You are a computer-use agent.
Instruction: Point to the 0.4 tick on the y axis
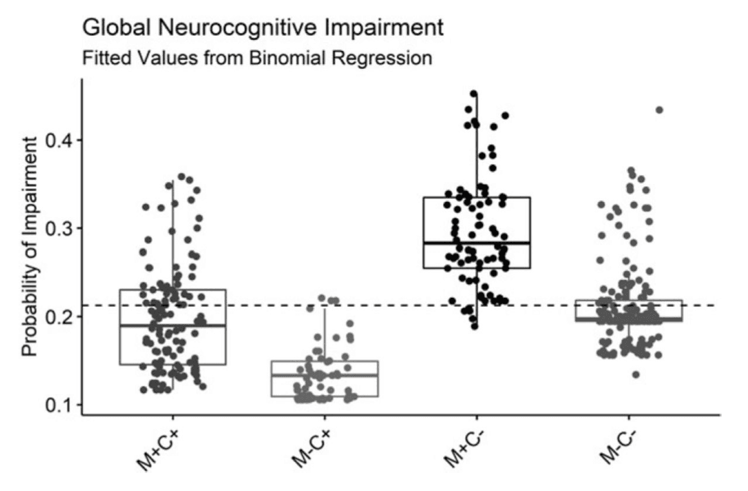[x=57, y=140]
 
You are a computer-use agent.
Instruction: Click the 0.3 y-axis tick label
[x=57, y=228]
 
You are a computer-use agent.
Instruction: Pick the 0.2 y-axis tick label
[x=57, y=317]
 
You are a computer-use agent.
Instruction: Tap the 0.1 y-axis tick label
[x=57, y=405]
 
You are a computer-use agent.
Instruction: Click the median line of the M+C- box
[x=477, y=243]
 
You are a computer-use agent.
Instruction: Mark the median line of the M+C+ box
[x=173, y=326]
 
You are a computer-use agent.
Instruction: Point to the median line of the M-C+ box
[x=324, y=375]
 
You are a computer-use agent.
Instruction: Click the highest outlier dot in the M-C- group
[x=659, y=110]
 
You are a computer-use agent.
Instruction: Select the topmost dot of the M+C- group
[x=474, y=94]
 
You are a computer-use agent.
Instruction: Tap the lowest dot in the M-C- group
[x=636, y=375]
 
